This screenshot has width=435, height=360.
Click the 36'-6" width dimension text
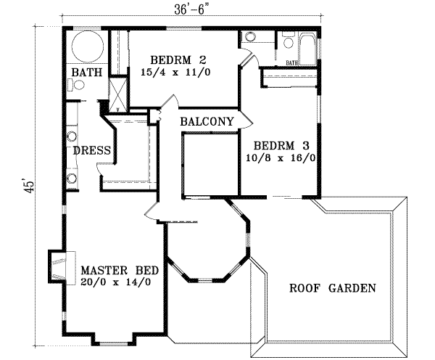(191, 10)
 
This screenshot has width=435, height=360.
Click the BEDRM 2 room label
(178, 60)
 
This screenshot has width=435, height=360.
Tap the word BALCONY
(207, 121)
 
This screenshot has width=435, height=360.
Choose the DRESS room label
(91, 151)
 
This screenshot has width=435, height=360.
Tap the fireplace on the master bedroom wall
(59, 266)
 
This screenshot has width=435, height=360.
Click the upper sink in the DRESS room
(72, 136)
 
